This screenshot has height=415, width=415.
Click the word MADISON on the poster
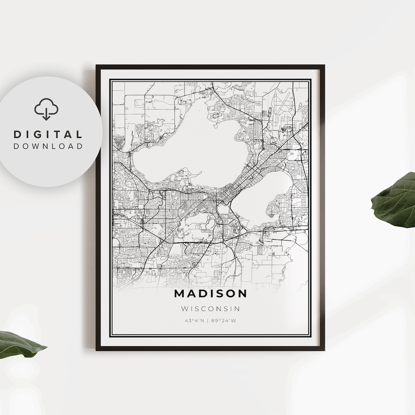211,294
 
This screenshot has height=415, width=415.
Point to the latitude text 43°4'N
194,321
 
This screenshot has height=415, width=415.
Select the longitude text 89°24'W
223,321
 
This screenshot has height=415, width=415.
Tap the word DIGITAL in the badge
48,134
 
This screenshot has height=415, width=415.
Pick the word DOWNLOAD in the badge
48,146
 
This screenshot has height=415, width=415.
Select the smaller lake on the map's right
265,200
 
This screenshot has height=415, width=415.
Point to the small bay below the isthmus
223,209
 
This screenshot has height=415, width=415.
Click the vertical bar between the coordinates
207,321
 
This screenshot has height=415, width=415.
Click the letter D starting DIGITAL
18,134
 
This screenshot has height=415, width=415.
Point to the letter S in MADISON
217,294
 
